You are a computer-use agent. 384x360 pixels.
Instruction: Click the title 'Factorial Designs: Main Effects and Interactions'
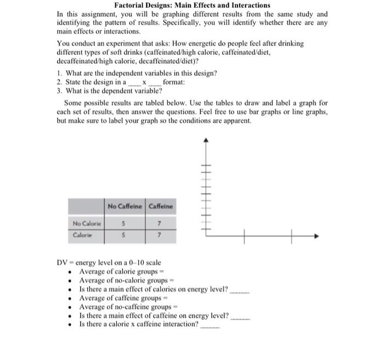click(x=192, y=5)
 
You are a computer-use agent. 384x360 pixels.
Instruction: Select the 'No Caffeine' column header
click(x=125, y=206)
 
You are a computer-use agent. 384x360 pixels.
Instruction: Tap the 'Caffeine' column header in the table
click(x=161, y=206)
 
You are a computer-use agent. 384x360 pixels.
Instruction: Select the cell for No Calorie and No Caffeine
click(x=125, y=223)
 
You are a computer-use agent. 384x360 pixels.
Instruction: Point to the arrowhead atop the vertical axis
click(x=206, y=140)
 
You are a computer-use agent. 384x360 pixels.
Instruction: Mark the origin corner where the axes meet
click(x=207, y=237)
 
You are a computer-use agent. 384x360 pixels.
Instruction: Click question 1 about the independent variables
click(x=137, y=73)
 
